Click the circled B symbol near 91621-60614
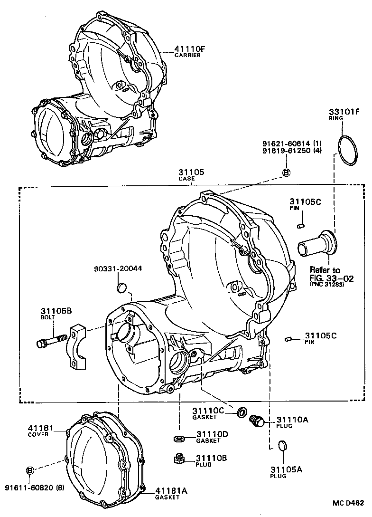click(286, 173)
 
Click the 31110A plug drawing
click(257, 421)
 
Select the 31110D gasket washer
click(179, 438)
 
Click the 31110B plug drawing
click(179, 458)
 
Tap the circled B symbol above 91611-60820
click(30, 470)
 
